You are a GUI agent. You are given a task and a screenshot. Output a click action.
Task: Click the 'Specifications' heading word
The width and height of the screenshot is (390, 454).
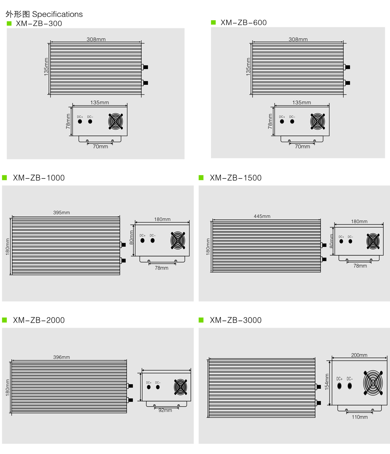coord(57,15)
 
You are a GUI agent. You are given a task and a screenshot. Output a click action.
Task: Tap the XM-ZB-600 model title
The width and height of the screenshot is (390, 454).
coord(243,23)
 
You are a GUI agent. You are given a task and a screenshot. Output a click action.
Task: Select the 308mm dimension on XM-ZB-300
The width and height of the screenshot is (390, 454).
coord(96,39)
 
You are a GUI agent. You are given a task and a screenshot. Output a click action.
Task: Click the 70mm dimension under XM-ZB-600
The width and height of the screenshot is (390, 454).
coord(302,147)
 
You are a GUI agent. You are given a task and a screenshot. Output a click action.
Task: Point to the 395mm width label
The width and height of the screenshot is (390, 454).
coord(61,213)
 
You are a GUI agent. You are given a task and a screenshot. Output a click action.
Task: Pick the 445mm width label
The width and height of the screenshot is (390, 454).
coord(262,216)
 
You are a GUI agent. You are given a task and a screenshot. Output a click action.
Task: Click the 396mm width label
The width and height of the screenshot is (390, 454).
coord(61,357)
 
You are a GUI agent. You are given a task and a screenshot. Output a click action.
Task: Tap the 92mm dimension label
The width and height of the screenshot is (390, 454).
coord(165,410)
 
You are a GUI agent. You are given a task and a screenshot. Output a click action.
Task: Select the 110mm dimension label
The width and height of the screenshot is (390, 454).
coord(360,417)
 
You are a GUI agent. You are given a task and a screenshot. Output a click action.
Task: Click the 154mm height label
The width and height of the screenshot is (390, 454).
coord(327,382)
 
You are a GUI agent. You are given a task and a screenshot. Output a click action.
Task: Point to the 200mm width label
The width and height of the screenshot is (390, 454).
coord(359,355)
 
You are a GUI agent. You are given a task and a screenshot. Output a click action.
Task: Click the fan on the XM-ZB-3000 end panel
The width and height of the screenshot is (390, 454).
coord(373,383)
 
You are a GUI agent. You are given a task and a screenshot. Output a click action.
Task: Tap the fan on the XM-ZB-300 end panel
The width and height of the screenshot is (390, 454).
coord(116,122)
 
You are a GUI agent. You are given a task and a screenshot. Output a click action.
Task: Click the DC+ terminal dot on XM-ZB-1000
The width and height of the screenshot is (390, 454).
coord(142,240)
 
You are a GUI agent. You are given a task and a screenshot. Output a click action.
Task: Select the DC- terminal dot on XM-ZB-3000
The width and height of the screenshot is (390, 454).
coord(350,386)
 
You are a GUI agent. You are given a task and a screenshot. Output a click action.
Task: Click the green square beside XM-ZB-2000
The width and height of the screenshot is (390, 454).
coord(5,320)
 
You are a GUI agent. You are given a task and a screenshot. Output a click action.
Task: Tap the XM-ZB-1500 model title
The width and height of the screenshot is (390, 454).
coord(236,178)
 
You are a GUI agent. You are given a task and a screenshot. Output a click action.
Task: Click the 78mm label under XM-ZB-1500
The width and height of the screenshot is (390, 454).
coord(360,266)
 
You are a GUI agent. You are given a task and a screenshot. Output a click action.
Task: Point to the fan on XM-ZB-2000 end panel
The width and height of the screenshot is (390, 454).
coord(180,387)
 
